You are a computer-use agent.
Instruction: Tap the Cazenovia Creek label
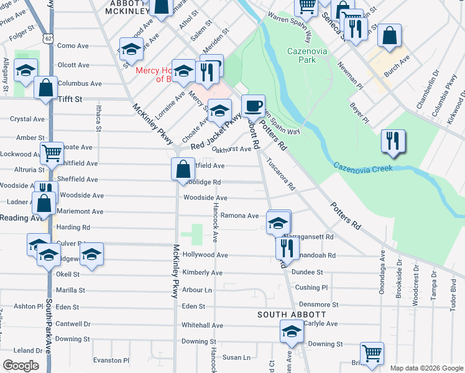[x=363, y=167]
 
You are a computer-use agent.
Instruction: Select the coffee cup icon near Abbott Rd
[x=253, y=106]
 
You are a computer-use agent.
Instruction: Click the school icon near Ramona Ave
[x=279, y=222]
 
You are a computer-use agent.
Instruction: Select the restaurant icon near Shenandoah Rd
[x=287, y=248]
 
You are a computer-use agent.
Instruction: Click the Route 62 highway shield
[x=48, y=38]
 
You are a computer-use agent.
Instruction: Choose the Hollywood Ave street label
[x=205, y=255]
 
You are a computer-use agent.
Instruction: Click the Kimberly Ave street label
[x=203, y=273]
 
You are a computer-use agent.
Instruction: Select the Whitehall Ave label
[x=202, y=325]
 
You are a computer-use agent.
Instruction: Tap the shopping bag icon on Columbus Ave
[x=46, y=88]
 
